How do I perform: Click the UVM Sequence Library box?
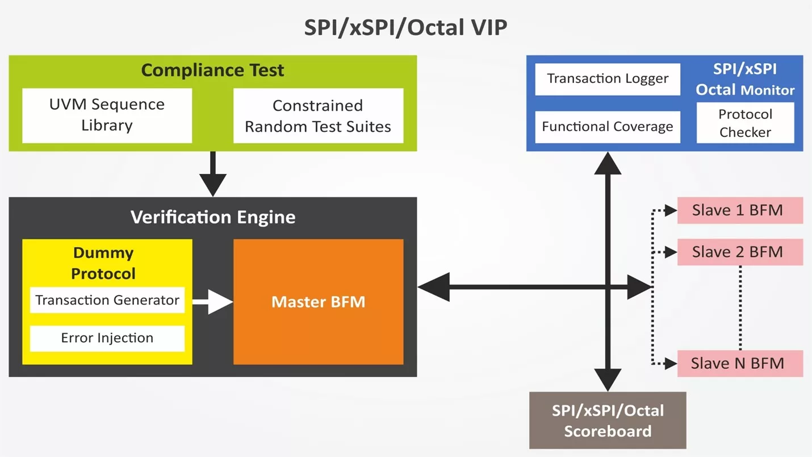(107, 115)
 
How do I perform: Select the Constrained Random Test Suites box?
(318, 115)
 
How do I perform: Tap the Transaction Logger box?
(608, 79)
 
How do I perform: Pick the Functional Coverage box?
(608, 127)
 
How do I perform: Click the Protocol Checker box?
(745, 123)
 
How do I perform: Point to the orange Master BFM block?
(318, 302)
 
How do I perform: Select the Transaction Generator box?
(107, 300)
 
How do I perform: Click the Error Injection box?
(107, 338)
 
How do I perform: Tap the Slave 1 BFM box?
(740, 210)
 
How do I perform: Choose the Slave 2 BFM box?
(740, 252)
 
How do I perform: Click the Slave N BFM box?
(740, 363)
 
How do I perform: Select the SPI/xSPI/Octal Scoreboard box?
(608, 421)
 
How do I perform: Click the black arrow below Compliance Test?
(213, 173)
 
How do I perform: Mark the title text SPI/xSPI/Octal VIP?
(405, 27)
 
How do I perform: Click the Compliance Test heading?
(212, 70)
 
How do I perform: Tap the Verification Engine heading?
(213, 217)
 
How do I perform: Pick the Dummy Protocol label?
(103, 263)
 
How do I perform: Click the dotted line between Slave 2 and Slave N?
(740, 308)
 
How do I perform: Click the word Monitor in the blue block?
(768, 90)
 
